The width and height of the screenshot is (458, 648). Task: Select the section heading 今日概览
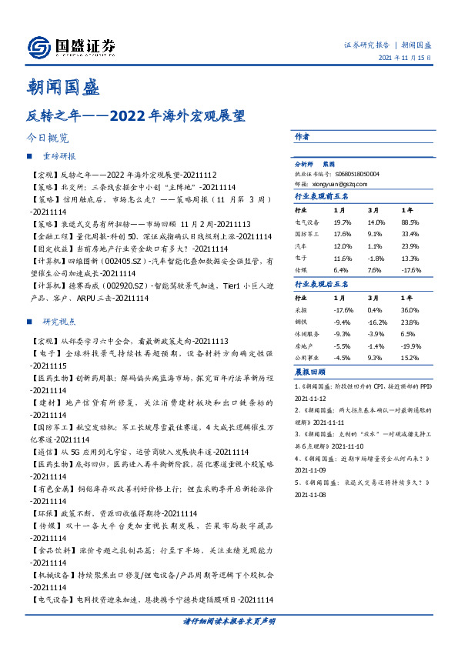pos(48,139)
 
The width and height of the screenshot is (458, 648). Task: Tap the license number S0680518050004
pos(356,175)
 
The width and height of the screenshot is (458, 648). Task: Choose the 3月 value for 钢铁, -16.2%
pos(376,322)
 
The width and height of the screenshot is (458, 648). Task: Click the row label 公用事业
pos(307,359)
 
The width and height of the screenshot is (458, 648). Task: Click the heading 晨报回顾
pos(307,372)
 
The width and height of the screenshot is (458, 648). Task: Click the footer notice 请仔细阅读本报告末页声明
pos(229,621)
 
